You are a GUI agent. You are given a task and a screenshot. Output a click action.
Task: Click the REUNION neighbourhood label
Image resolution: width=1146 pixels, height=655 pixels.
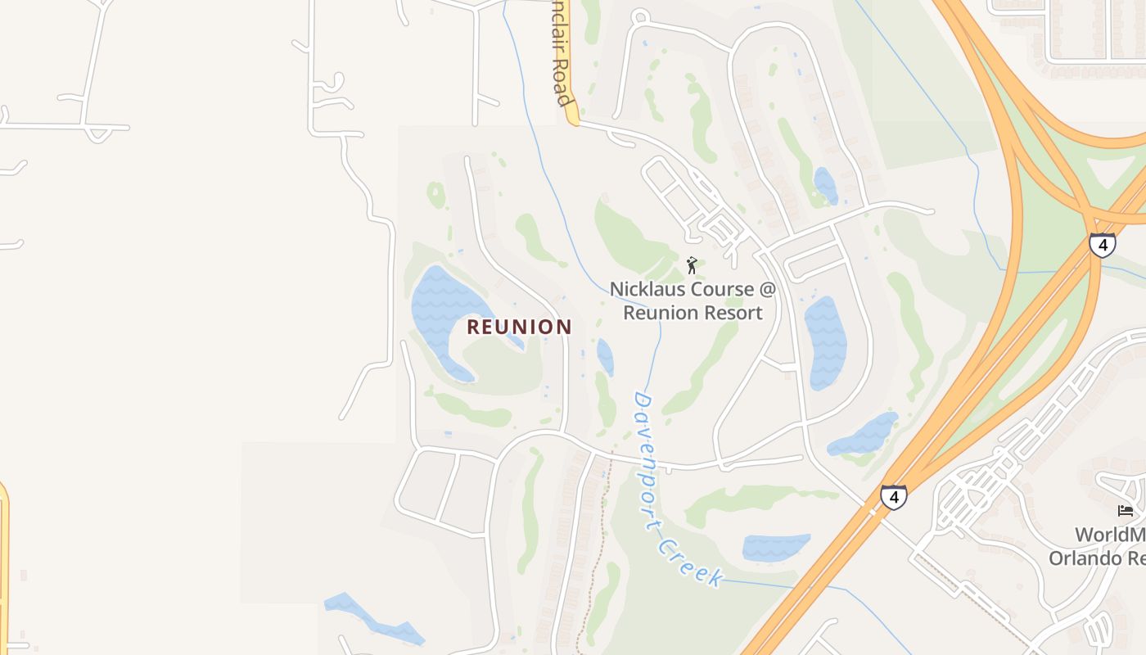519,327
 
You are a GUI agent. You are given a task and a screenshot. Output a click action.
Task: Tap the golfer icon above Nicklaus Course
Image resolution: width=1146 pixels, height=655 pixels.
692,265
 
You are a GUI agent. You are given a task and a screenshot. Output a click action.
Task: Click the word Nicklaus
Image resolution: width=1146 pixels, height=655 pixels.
646,290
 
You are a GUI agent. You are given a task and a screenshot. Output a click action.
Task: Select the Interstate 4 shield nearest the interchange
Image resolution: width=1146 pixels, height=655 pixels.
1102,244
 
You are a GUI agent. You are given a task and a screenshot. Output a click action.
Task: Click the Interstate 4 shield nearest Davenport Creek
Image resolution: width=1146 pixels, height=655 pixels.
893,496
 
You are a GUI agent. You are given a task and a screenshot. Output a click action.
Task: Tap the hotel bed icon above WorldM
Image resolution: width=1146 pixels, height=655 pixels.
1126,511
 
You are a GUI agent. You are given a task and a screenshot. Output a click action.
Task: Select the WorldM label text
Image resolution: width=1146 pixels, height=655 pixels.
1109,535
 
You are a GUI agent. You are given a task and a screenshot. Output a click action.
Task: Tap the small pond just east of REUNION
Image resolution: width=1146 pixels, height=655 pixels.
605,356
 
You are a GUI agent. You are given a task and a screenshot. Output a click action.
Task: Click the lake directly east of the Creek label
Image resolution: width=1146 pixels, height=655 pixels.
775,547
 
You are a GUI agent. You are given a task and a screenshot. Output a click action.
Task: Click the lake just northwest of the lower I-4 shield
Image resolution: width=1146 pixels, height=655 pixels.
864,435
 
